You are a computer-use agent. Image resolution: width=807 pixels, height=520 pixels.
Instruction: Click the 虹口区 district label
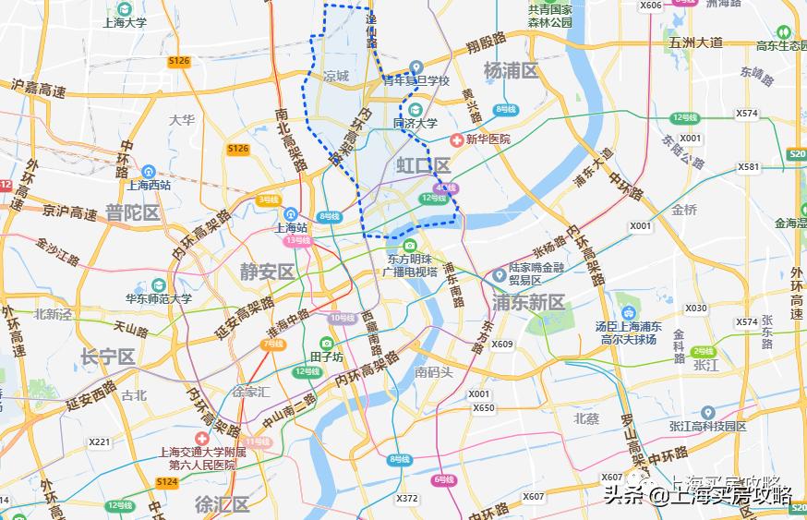[x=422, y=166]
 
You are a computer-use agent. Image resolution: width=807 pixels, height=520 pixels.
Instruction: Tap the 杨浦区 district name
[x=511, y=70]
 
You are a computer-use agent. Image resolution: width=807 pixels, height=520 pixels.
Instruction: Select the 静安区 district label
[x=267, y=272]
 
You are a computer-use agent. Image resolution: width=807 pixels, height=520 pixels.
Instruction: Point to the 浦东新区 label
[x=528, y=302]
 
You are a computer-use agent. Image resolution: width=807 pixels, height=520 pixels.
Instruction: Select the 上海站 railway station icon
[x=292, y=212]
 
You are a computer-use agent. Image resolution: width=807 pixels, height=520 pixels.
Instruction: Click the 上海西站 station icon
[x=149, y=171]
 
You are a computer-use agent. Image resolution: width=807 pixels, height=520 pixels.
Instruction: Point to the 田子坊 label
[x=326, y=357]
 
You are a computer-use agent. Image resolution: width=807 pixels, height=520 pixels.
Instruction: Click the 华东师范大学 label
[x=159, y=298]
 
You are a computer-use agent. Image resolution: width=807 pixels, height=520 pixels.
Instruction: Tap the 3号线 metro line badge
[x=269, y=200]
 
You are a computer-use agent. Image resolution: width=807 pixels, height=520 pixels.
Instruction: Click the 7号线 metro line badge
[x=273, y=344]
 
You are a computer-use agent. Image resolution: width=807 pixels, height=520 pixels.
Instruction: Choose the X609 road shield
[x=501, y=345]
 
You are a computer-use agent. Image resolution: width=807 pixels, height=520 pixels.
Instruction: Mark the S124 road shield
[x=166, y=482]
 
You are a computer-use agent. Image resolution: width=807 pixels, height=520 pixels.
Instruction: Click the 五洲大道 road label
[x=696, y=42]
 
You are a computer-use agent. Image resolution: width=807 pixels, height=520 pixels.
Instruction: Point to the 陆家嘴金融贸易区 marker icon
[x=500, y=274]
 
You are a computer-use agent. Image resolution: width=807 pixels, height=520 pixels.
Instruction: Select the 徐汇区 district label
[x=223, y=504]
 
